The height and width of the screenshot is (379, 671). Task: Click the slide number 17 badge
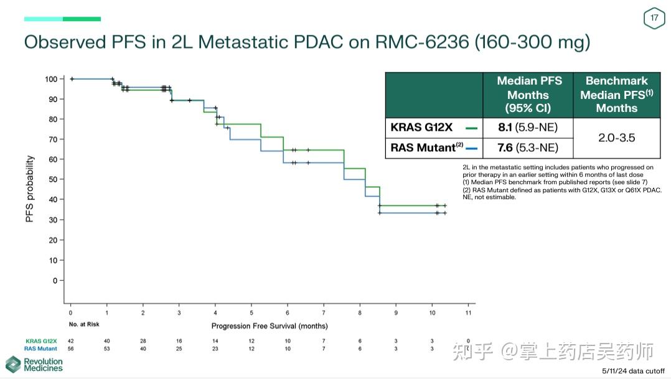tap(654, 18)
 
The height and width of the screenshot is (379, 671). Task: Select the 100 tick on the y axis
tap(50, 79)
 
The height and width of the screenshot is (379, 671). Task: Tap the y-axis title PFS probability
tap(30, 189)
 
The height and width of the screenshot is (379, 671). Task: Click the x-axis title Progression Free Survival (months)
tap(270, 325)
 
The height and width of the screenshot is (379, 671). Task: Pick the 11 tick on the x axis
tap(469, 312)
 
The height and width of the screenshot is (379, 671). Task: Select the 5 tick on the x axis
tap(251, 312)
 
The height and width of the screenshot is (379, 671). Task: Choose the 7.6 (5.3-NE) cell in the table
tap(528, 147)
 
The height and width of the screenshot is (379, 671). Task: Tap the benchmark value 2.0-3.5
tap(616, 138)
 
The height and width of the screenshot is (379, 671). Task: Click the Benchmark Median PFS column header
tap(616, 95)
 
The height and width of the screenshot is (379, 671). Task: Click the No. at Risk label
tap(84, 324)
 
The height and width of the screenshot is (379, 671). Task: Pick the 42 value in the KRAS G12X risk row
tap(71, 340)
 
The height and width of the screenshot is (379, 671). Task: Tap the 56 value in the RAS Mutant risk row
tap(71, 349)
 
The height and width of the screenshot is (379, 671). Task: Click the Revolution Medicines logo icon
tap(13, 364)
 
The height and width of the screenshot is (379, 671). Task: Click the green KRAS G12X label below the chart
tap(41, 340)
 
